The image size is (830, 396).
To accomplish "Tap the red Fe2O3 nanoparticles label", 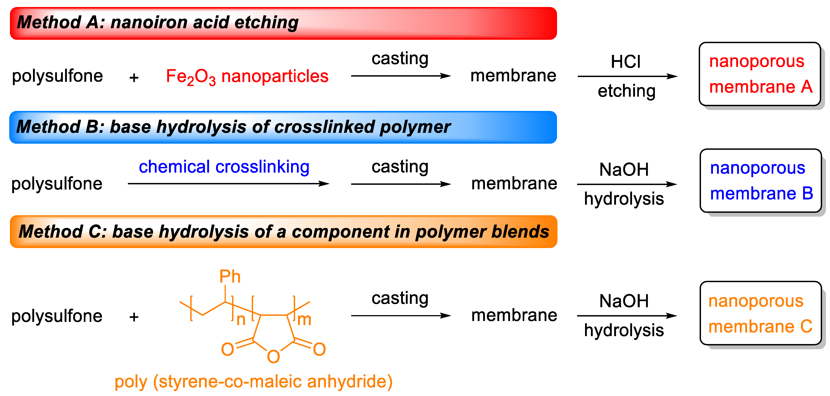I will click(247, 77).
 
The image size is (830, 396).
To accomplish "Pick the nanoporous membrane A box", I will click(759, 74).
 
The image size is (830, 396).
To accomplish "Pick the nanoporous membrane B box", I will click(760, 181).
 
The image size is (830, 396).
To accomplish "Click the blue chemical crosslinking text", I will click(224, 167).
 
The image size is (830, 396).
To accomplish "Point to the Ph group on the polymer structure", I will click(230, 276).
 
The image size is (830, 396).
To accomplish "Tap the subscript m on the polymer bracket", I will click(304, 320).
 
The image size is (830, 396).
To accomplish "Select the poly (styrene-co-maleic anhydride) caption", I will click(254, 382).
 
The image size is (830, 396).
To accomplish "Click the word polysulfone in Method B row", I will click(57, 184).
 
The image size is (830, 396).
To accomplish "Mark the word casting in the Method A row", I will click(400, 59).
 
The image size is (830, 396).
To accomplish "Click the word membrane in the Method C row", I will click(514, 315).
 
